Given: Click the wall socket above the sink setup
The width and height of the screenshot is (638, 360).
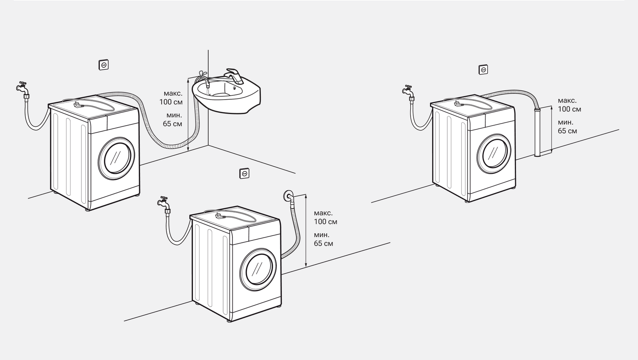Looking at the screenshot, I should click(104, 65).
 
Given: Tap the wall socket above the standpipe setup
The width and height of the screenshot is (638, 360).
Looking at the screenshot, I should click(483, 70).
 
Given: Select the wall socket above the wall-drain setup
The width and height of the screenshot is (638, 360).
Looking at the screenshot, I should click(244, 173).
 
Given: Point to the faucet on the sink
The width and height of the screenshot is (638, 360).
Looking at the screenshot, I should click(234, 75).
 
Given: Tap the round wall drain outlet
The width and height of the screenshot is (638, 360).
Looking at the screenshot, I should click(287, 196).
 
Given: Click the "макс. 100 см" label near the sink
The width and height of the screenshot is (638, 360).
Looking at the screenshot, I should click(171, 98).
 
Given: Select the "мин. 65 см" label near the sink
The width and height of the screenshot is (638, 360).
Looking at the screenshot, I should click(172, 119).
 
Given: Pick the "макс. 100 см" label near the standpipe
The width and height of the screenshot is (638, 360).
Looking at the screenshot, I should click(569, 105).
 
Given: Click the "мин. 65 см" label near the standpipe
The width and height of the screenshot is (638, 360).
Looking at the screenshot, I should click(567, 126).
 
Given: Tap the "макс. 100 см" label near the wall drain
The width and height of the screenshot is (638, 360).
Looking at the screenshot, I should click(325, 217).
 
